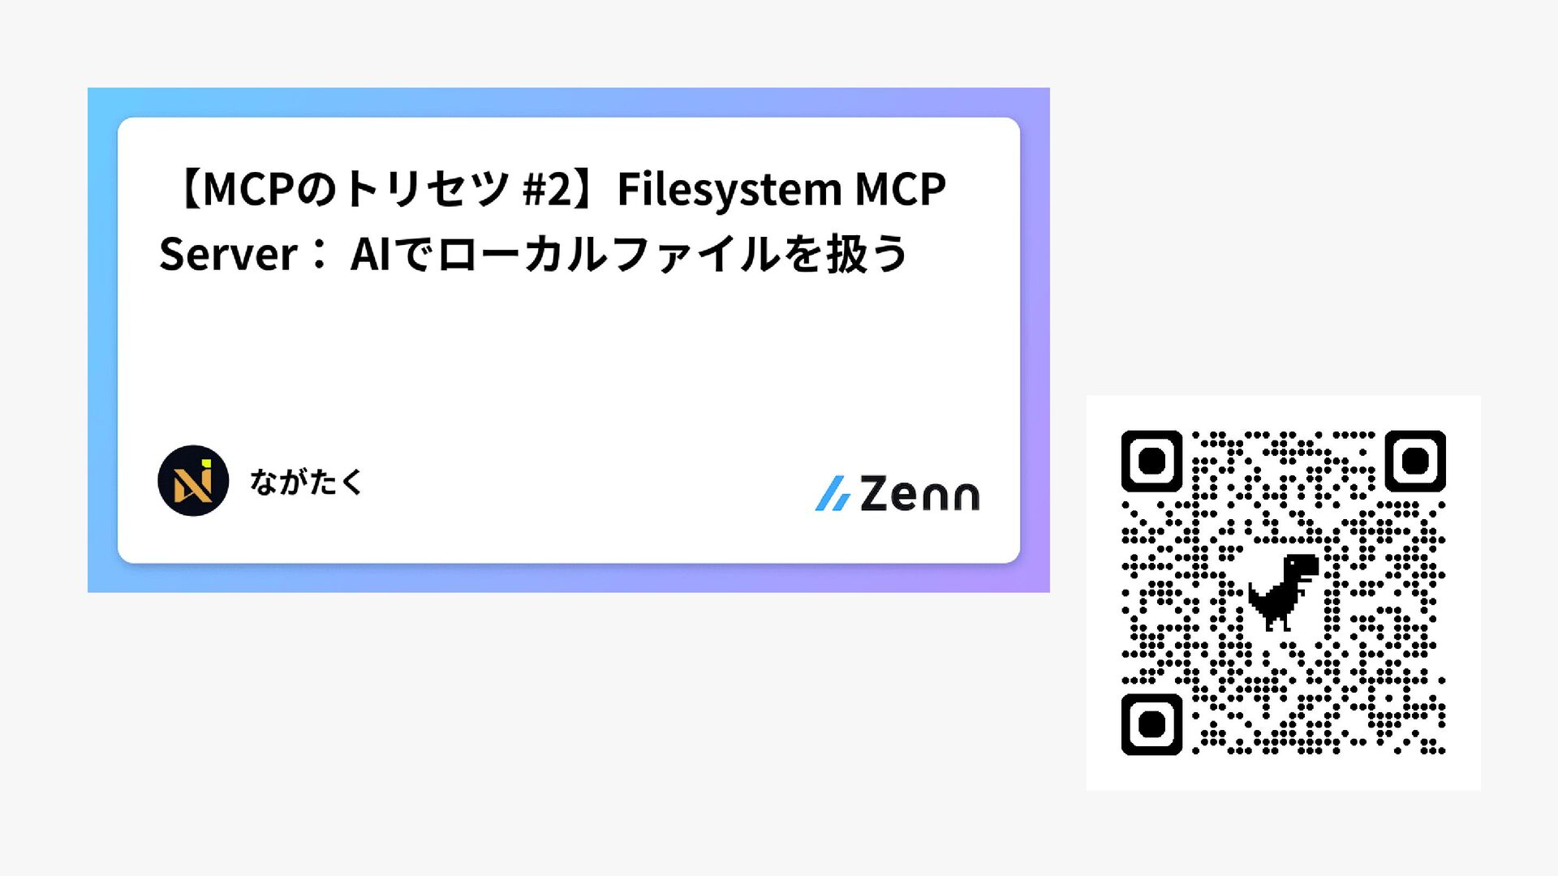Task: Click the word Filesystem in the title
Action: (x=730, y=190)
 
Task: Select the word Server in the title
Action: (x=228, y=255)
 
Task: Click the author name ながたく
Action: (x=306, y=482)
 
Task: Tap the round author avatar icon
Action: (x=193, y=481)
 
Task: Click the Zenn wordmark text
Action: (x=919, y=494)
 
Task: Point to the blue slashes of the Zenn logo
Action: (x=833, y=494)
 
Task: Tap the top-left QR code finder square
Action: (x=1151, y=461)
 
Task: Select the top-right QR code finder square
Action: (x=1414, y=461)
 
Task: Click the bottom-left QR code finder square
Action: (x=1151, y=724)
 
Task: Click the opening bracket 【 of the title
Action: (x=188, y=190)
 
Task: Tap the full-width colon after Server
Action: (x=319, y=255)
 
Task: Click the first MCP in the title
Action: (x=247, y=190)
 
